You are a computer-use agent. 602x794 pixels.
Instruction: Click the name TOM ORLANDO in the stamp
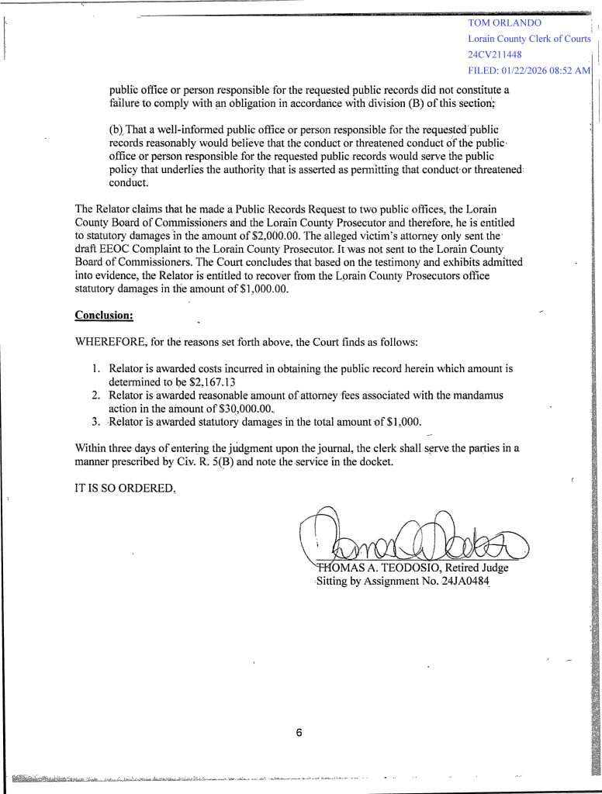pos(505,22)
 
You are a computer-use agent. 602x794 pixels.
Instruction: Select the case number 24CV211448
pos(495,55)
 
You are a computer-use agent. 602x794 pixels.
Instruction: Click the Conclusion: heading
pos(104,315)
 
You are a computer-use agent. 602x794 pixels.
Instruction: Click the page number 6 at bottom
pos(299,732)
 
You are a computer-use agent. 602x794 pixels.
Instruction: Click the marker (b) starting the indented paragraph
pos(116,129)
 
